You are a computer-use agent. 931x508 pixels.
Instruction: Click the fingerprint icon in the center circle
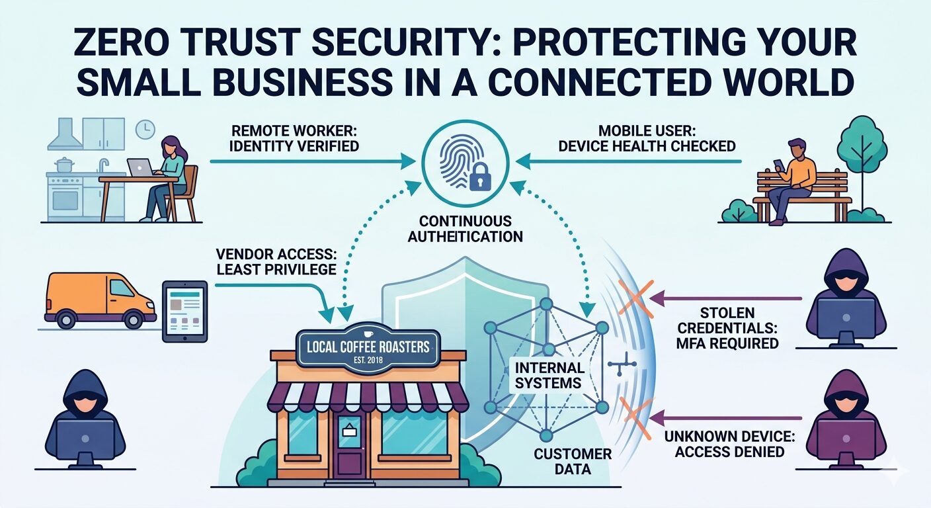458,159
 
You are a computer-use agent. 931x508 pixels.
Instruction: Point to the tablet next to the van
185,311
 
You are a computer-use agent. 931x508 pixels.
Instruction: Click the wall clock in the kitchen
145,130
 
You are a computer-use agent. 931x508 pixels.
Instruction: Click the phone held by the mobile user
780,163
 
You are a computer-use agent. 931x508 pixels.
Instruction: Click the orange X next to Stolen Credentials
635,298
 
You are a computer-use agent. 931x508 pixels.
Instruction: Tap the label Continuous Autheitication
465,229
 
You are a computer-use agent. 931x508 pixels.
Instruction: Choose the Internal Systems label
548,374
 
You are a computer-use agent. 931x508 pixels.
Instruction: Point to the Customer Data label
573,462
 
